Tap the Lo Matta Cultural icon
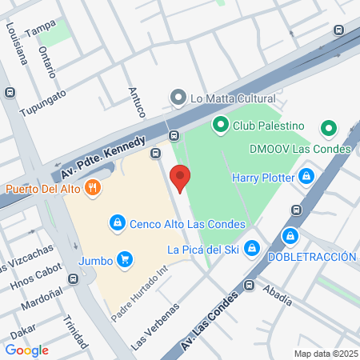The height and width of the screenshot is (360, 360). (178, 98)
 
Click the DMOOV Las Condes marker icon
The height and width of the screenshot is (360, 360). (328, 128)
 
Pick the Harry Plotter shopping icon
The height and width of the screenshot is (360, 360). (306, 177)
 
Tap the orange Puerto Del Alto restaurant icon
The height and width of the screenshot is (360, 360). (94, 189)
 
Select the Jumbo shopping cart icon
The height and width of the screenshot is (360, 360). (124, 259)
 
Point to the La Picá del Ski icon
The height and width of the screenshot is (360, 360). (253, 249)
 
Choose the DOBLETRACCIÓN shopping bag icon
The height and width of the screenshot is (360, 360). (291, 236)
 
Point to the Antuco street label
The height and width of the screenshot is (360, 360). (136, 102)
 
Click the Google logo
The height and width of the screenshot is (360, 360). (27, 350)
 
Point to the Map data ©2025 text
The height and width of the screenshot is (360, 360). (326, 353)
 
